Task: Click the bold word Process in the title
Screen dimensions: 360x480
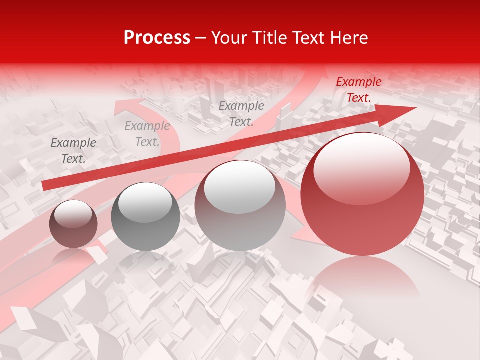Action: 157,38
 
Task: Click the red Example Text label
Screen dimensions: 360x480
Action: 358,90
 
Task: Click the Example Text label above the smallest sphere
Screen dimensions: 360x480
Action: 73,151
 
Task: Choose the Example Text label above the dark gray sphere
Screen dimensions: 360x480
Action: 147,134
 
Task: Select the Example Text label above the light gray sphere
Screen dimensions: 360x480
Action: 241,113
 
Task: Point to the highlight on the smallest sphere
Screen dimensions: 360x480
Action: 73,214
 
